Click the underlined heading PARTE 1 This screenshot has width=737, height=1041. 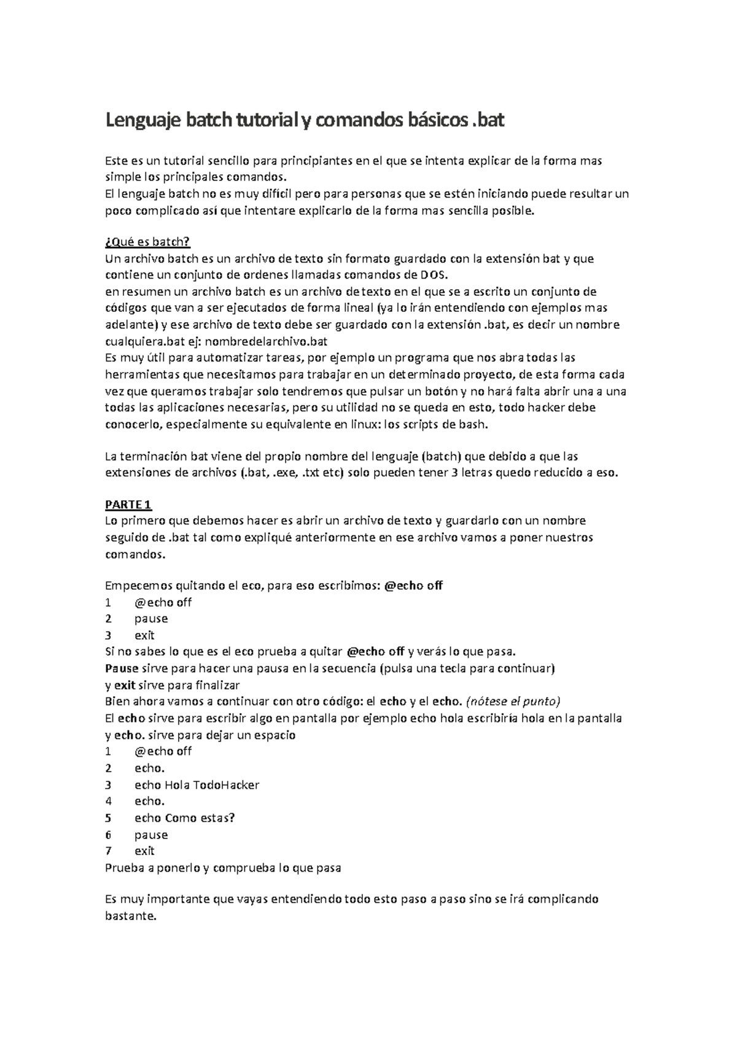(128, 505)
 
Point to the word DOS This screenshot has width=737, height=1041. (434, 274)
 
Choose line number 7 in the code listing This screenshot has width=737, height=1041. (109, 851)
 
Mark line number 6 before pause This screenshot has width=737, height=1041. (109, 834)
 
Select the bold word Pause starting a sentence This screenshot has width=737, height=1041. (122, 668)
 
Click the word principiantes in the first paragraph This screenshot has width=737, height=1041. (317, 161)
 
